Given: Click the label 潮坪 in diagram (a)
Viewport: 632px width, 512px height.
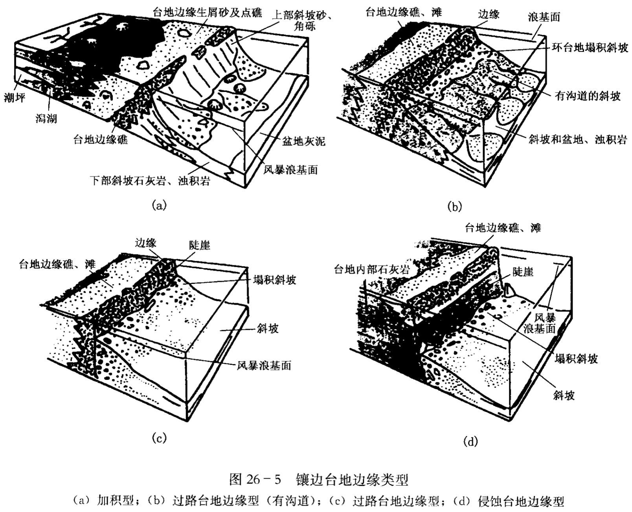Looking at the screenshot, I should point(15,98).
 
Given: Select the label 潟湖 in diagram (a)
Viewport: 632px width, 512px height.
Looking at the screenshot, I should point(46,118).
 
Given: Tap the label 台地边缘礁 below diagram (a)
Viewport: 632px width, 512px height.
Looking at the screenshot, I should point(101,139).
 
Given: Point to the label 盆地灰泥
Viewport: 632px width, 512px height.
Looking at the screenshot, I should point(303,141).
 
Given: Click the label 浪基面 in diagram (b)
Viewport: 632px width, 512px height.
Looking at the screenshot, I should point(544,17).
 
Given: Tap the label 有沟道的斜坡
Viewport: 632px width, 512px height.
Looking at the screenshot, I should point(587,96).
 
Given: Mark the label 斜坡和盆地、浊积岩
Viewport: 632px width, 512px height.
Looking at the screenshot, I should point(577,140).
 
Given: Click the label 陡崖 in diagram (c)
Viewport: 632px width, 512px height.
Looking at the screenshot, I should point(199,245).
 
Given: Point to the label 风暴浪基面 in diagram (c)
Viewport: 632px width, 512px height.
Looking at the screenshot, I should point(264,366).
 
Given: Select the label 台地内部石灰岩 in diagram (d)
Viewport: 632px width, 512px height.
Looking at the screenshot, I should point(371,269).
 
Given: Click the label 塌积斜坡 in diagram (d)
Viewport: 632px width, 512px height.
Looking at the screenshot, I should point(576,358).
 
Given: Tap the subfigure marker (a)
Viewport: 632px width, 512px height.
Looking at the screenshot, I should point(159,205).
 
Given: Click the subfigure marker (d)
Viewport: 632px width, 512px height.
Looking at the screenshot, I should point(470,442).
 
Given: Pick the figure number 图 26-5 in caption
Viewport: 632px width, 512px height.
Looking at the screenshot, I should point(255,479).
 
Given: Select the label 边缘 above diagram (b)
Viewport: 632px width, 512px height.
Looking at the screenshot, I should point(489,15).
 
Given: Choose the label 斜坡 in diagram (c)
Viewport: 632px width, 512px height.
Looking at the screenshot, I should point(268,329).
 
